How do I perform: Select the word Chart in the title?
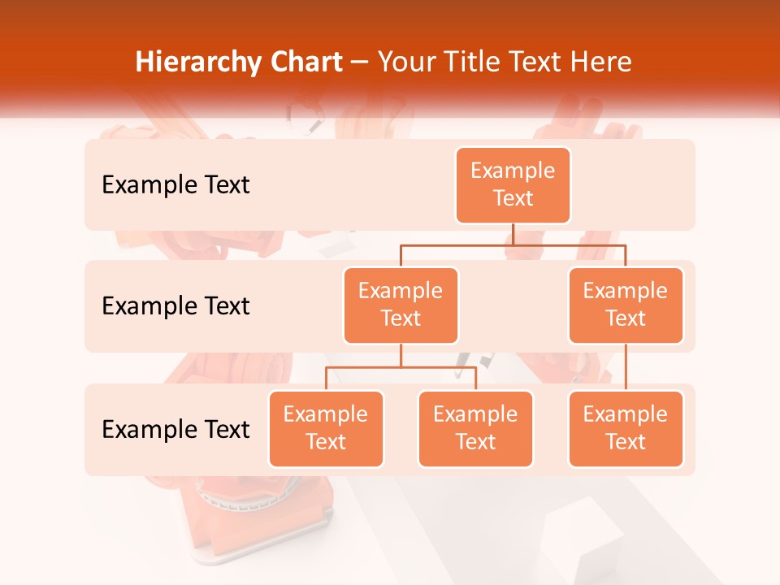click(x=305, y=63)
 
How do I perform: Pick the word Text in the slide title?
click(x=535, y=63)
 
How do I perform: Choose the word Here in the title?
click(x=601, y=63)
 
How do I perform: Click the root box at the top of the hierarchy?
click(x=513, y=184)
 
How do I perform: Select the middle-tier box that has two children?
click(x=401, y=305)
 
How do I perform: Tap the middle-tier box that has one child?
click(x=626, y=305)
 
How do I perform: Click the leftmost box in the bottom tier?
click(x=326, y=428)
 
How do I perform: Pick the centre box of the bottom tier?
click(x=475, y=428)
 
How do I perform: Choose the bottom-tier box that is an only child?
click(x=626, y=428)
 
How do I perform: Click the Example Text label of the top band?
click(x=175, y=185)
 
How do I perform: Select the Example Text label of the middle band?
click(x=175, y=306)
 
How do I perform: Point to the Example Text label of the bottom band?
click(x=175, y=429)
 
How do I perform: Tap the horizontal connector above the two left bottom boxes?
click(x=401, y=367)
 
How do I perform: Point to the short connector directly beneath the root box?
click(x=513, y=234)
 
